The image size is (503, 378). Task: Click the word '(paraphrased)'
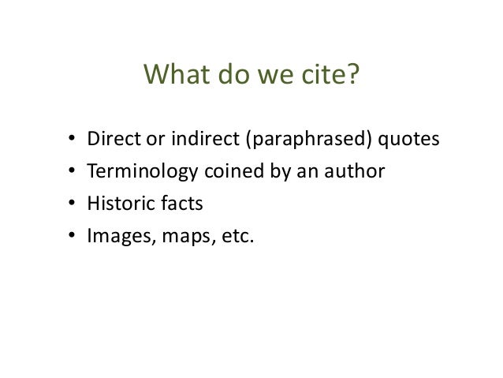tap(296, 140)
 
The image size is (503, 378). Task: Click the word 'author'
tap(360, 172)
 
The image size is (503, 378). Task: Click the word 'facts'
tap(177, 204)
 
